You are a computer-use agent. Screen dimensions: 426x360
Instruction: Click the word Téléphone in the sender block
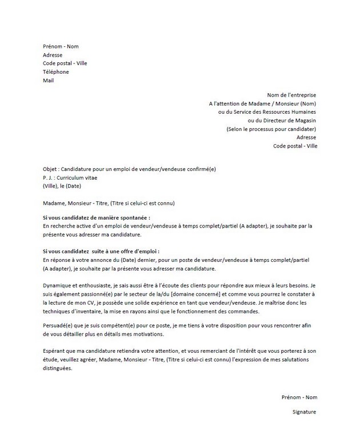point(55,72)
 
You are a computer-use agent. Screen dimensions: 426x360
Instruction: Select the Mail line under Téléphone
point(48,81)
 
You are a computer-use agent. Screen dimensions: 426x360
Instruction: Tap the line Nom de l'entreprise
point(291,95)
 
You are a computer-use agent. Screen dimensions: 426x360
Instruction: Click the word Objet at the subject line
point(50,170)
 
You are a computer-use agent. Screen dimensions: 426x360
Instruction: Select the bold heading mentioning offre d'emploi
point(101,252)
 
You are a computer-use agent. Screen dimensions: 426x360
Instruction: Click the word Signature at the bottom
point(303,412)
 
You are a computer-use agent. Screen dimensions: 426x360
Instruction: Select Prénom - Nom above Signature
point(299,397)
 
